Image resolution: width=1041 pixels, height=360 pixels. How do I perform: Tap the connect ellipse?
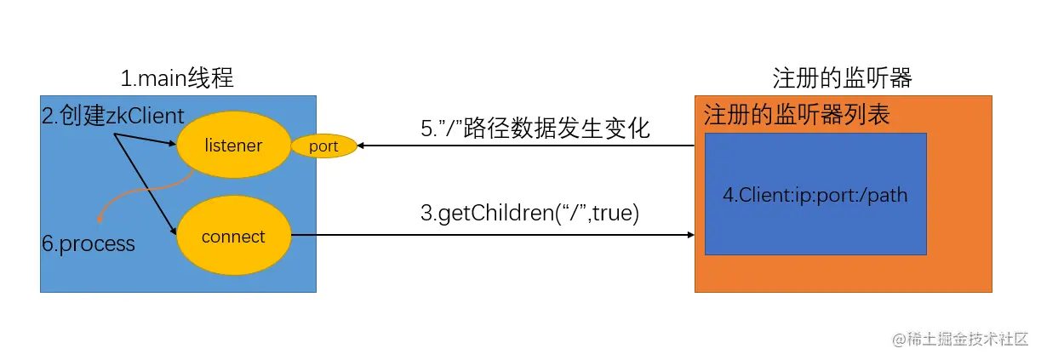[x=233, y=236]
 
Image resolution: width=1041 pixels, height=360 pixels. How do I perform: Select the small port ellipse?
[x=323, y=146]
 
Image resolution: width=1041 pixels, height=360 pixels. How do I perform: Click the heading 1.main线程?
[x=177, y=79]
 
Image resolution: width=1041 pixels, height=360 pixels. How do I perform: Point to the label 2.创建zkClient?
[x=113, y=117]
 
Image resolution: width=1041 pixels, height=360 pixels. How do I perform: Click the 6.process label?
[x=89, y=243]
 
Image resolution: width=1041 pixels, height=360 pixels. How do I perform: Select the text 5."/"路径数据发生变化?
[x=535, y=129]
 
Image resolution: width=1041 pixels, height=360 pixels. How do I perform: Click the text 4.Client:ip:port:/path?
[x=815, y=195]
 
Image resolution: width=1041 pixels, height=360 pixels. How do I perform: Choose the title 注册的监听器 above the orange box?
[x=842, y=79]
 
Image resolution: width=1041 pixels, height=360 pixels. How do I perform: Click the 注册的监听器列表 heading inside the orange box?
[x=797, y=116]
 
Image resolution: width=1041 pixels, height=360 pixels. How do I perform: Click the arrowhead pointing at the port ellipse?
[x=361, y=146]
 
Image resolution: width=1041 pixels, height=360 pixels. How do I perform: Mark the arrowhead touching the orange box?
[x=689, y=236]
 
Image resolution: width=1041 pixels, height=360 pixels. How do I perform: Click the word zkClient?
[x=145, y=117]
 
